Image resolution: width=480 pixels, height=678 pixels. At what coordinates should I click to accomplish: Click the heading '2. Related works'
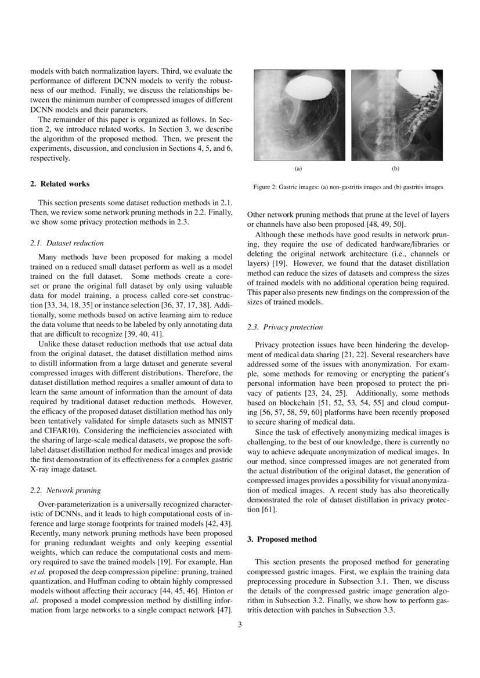coord(60,184)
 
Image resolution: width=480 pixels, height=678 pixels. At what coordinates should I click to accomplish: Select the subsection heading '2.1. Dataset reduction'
coord(67,243)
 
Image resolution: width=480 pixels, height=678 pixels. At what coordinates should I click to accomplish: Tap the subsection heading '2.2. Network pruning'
coord(66,490)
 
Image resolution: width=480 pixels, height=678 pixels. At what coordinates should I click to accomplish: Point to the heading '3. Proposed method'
coord(282,539)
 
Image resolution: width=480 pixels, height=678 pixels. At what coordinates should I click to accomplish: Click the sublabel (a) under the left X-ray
coord(298,169)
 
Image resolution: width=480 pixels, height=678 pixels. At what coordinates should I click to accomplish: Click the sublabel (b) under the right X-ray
coord(396,169)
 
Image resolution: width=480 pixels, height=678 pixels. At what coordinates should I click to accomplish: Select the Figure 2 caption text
coord(348,187)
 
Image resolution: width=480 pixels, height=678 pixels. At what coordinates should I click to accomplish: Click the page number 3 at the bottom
coord(240,625)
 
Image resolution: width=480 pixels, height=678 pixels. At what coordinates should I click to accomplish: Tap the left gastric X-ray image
coord(299,115)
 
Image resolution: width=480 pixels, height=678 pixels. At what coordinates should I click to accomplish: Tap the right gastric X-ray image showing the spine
coord(396,115)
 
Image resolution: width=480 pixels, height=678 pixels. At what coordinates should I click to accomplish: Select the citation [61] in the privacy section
coord(269,509)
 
